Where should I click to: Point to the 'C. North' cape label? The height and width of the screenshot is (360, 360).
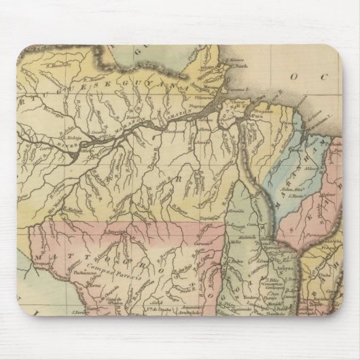tap(234, 67)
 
